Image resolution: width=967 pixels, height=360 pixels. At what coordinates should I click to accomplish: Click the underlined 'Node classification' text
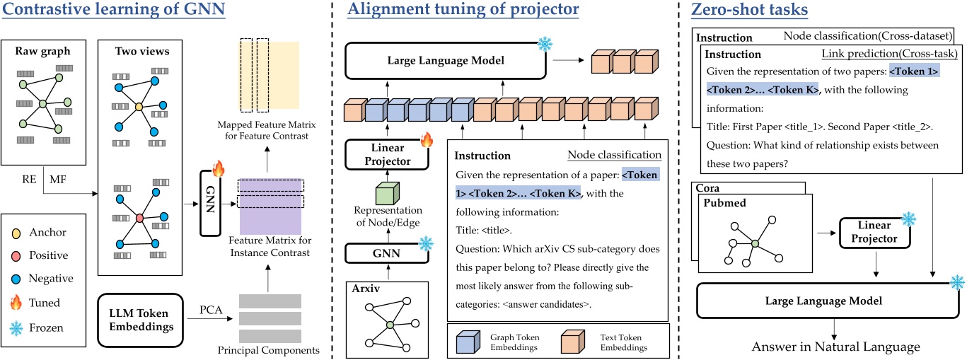point(615,155)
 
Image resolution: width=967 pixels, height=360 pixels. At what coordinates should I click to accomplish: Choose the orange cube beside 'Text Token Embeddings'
point(572,337)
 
